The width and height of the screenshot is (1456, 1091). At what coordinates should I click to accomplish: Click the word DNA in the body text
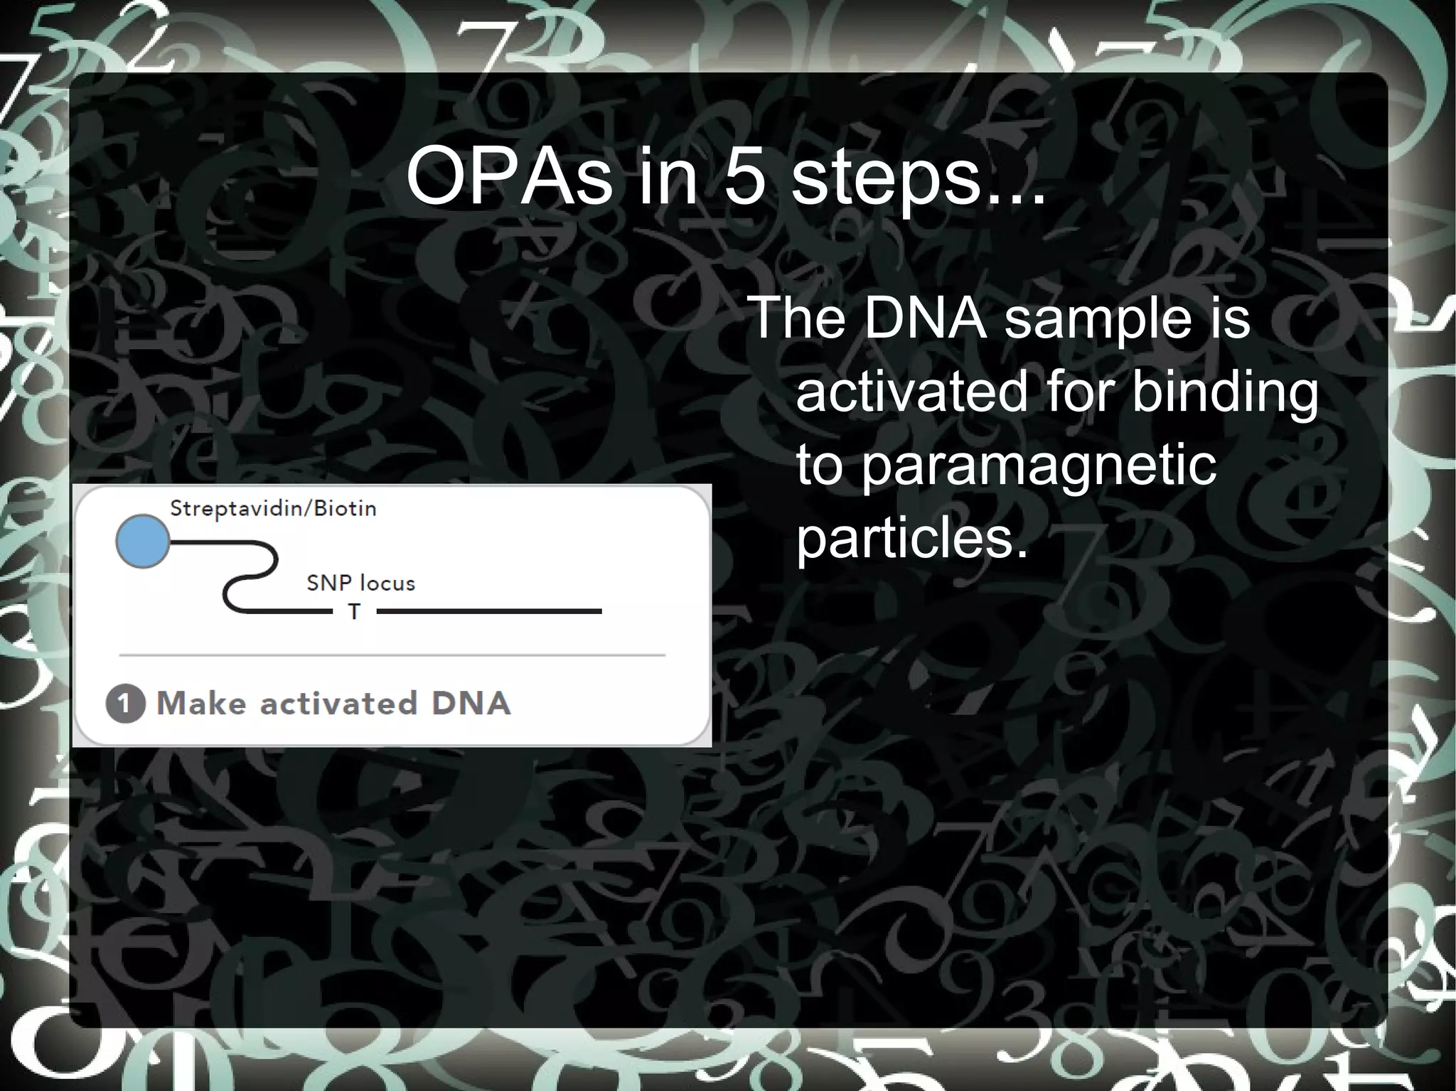(925, 318)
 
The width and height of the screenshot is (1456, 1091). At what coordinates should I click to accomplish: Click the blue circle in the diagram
(143, 542)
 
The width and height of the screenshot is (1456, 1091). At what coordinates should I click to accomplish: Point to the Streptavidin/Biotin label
(273, 509)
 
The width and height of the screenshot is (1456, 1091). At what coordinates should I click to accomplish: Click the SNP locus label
(360, 584)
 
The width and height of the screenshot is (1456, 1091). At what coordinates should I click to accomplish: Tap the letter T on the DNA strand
(354, 612)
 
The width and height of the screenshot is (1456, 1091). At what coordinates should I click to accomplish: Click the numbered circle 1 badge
(125, 704)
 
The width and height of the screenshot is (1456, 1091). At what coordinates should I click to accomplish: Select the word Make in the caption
(201, 704)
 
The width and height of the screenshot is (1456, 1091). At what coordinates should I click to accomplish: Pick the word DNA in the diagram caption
(471, 704)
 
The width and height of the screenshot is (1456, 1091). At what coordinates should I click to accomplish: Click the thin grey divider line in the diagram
(392, 655)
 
